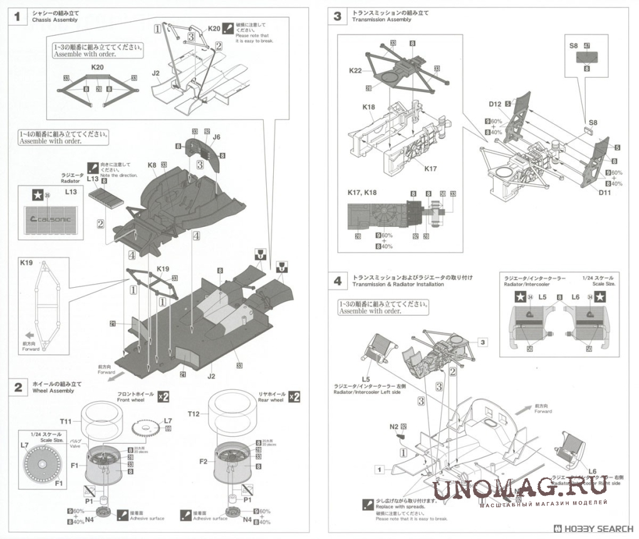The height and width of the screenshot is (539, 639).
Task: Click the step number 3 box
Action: [x=338, y=16]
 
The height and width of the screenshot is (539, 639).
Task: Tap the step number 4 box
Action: [x=338, y=281]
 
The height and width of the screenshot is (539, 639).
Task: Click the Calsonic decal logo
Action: [x=52, y=219]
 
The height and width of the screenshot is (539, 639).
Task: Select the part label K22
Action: [x=355, y=71]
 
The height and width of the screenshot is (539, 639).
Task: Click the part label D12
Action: [x=496, y=103]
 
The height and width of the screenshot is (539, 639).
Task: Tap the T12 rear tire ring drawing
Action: [x=239, y=414]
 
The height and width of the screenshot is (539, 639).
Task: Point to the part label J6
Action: [x=217, y=137]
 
